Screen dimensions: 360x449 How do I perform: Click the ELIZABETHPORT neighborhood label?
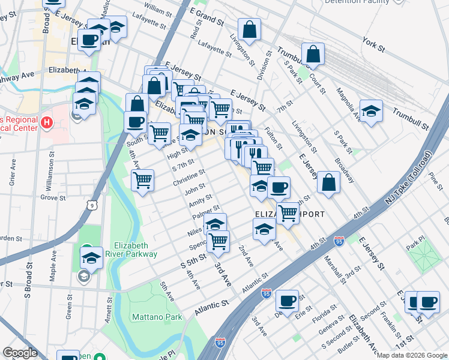[290, 214]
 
